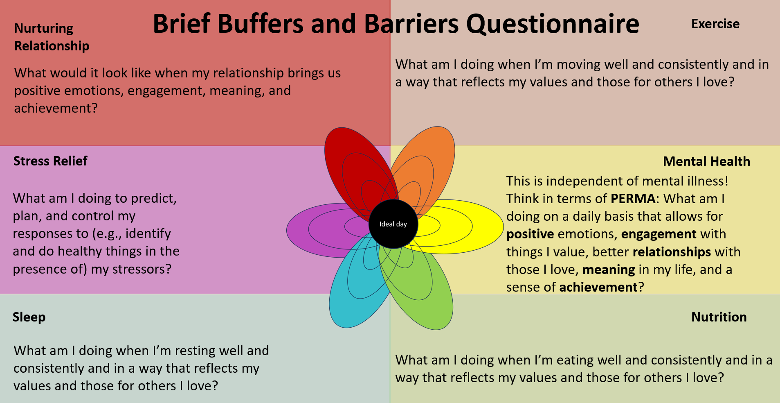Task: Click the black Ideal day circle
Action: coord(393,224)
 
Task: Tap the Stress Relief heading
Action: coord(50,161)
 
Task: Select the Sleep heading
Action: coord(29,317)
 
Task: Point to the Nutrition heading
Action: coord(719,317)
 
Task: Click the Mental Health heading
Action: coord(706,161)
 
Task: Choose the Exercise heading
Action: coord(715,24)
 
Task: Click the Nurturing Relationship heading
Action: coord(52,37)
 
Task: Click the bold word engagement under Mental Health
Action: coord(659,234)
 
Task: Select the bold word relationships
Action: coord(672,252)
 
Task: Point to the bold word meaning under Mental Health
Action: coord(609,270)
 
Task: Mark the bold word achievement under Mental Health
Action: coord(598,287)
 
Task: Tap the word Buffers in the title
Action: coord(261,24)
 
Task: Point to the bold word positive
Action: coord(530,234)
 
